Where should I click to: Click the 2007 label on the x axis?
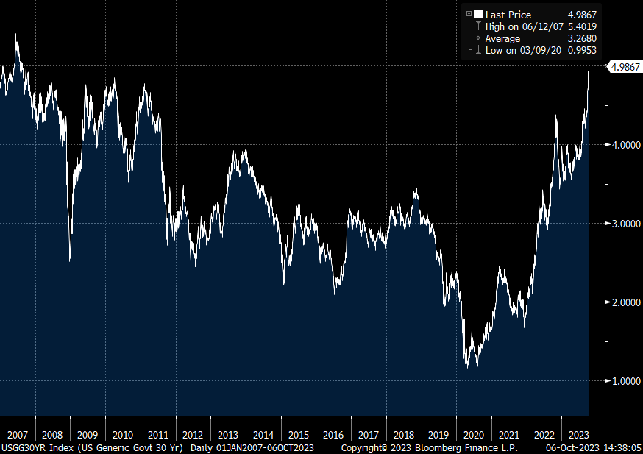point(18,434)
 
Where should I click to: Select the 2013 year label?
point(228,434)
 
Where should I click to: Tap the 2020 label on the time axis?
point(474,434)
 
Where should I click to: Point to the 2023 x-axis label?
point(579,434)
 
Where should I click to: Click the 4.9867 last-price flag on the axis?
point(623,66)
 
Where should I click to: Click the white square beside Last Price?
point(478,15)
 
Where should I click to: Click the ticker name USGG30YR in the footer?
point(22,447)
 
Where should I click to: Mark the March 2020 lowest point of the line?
point(463,380)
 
